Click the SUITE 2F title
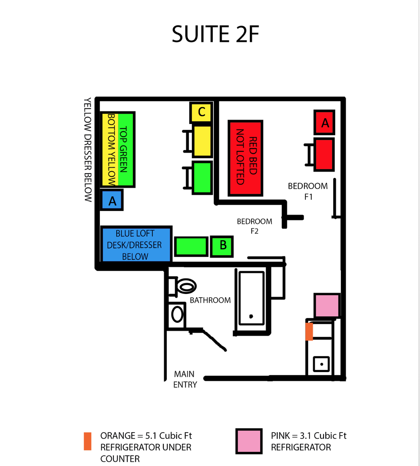pos(215,34)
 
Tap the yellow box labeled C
pos(202,112)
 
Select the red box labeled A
pos(324,122)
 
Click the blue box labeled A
pos(112,200)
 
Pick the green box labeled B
pos(222,246)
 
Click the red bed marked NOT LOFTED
pos(245,158)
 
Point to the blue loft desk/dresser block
pos(136,244)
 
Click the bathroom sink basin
pos(177,314)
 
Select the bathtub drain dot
pos(251,316)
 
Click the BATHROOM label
pos(210,300)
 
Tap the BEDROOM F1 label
pos(308,191)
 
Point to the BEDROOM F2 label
pos(254,226)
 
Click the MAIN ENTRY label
pos(185,379)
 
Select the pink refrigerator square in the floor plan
pos(327,305)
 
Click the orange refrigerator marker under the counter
pos(309,331)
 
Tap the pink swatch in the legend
pos(249,441)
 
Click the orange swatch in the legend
pos(87,441)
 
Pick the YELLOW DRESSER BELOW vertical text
pos(87,150)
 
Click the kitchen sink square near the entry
pos(321,364)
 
